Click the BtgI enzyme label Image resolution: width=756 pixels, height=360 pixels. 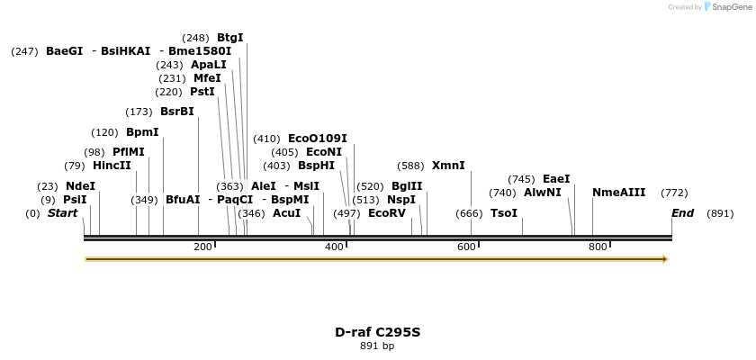[x=229, y=38]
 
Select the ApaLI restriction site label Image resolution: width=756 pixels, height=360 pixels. [x=209, y=65]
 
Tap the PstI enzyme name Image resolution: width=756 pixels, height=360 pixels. [x=202, y=92]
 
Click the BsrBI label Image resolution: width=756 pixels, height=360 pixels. [x=176, y=112]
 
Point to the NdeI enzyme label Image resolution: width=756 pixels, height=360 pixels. [x=80, y=186]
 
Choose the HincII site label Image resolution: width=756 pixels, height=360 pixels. [x=112, y=166]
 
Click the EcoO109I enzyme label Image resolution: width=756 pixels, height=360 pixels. [x=317, y=139]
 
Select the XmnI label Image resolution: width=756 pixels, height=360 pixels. [x=448, y=166]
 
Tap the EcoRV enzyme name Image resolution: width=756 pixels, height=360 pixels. [x=387, y=213]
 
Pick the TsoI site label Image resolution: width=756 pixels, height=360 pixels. [x=504, y=213]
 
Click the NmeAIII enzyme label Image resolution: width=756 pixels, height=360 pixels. [x=618, y=193]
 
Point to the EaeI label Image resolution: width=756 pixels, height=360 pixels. [x=556, y=179]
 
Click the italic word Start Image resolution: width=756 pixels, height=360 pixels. [x=62, y=213]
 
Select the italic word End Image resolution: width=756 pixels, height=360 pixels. [x=682, y=213]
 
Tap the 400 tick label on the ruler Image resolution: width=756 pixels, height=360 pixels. [x=335, y=247]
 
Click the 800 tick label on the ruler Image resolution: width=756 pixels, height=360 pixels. [x=598, y=247]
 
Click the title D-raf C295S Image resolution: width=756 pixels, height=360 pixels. [x=377, y=332]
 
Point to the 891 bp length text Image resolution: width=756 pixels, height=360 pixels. [x=377, y=346]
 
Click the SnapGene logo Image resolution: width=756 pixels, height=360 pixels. [x=726, y=7]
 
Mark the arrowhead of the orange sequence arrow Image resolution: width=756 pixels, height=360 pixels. [x=665, y=259]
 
